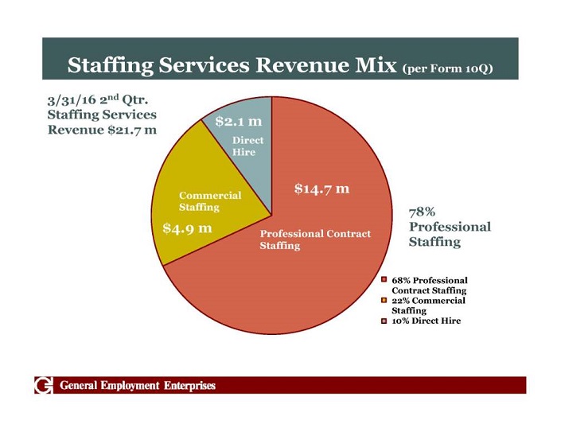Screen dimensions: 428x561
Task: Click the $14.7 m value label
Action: (x=321, y=189)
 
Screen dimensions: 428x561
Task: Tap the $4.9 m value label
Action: (x=187, y=228)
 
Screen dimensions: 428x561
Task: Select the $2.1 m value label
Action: (x=238, y=123)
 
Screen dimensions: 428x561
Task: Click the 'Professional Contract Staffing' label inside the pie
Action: (x=315, y=239)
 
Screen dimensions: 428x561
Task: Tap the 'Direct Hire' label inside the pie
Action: (x=247, y=146)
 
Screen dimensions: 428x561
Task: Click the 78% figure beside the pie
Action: (x=422, y=212)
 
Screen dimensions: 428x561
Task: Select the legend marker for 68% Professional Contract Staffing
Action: (x=384, y=280)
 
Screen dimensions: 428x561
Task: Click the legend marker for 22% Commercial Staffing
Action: (x=384, y=301)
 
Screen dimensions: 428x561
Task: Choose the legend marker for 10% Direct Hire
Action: (x=384, y=321)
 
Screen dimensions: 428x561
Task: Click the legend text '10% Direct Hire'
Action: (x=426, y=321)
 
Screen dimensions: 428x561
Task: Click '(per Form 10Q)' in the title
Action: (x=448, y=68)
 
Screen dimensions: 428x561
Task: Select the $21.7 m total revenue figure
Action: (x=132, y=130)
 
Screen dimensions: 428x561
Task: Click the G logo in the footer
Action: (x=44, y=386)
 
